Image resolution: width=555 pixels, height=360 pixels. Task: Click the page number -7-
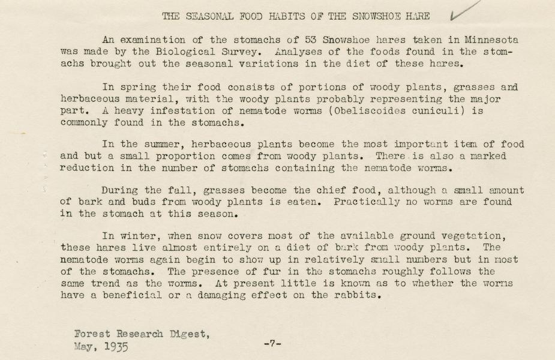pos(272,344)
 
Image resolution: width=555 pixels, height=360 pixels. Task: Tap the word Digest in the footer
pos(187,334)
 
